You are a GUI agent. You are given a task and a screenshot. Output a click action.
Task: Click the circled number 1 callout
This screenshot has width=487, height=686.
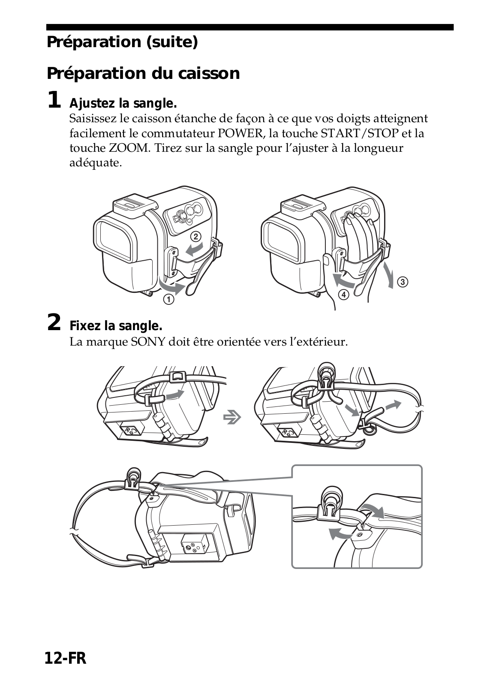click(168, 299)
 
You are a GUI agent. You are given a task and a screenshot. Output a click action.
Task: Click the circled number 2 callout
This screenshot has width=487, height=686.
click(196, 236)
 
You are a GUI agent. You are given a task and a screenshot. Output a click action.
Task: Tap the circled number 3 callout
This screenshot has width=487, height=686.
click(403, 282)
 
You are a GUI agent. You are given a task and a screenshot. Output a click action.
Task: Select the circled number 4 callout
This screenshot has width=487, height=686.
click(344, 295)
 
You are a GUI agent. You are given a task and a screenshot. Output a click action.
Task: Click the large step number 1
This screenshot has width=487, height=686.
click(54, 100)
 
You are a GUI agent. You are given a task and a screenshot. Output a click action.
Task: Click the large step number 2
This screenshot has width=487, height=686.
click(54, 322)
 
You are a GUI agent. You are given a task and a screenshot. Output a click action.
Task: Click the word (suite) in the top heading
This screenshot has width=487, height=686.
click(172, 42)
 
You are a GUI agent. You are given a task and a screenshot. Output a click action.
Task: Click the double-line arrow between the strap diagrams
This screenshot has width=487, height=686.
click(232, 417)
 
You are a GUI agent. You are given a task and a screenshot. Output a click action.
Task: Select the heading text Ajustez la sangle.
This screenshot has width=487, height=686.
click(123, 103)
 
